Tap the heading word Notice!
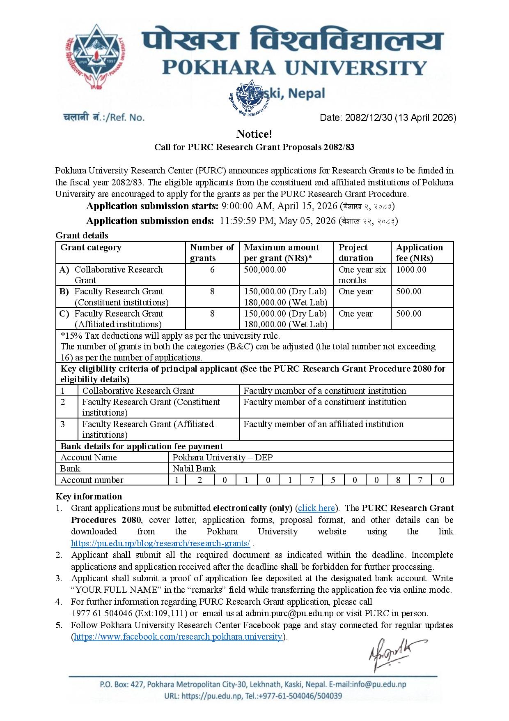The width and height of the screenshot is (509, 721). (x=254, y=134)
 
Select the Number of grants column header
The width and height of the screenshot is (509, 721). (x=212, y=252)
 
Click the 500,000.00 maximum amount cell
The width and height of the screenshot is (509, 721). (x=265, y=270)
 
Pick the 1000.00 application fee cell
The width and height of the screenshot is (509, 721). (x=411, y=270)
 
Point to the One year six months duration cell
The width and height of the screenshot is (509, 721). (x=362, y=275)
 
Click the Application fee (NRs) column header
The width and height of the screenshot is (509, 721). (x=419, y=252)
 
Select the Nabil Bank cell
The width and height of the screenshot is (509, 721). (x=194, y=469)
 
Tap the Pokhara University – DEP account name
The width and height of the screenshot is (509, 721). (x=222, y=458)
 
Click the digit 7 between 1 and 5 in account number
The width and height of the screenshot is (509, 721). (x=312, y=480)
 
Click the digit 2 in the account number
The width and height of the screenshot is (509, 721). (x=200, y=480)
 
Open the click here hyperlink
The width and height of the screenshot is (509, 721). (x=316, y=508)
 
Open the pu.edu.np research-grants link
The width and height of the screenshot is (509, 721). (x=160, y=543)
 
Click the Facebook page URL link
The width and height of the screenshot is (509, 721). (x=178, y=637)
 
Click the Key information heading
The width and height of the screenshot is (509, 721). (x=89, y=497)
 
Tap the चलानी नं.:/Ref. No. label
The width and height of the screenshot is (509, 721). (x=103, y=118)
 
